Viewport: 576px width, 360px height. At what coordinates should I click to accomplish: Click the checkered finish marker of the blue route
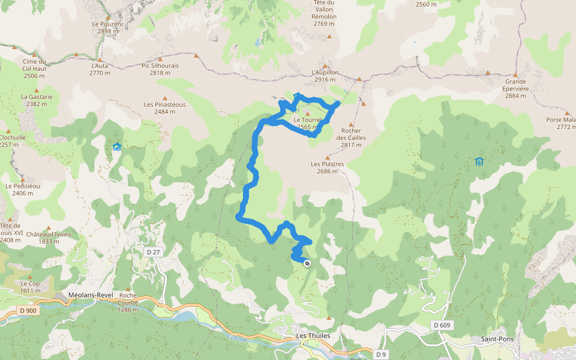(307, 263)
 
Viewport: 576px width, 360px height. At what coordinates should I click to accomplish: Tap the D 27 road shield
(153, 252)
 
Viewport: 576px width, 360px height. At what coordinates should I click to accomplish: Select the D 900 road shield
(27, 310)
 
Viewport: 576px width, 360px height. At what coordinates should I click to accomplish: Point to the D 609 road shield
(441, 325)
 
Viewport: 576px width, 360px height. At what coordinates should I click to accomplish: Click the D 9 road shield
(380, 354)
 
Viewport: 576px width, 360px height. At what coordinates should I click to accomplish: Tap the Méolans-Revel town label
(91, 295)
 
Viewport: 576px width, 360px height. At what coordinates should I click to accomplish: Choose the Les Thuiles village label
(313, 335)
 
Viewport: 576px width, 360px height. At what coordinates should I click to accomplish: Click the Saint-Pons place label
(496, 339)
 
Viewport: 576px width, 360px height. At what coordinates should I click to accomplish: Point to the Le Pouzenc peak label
(107, 28)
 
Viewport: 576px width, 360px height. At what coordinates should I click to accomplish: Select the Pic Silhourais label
(160, 69)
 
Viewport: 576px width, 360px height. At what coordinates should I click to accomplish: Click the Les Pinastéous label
(165, 108)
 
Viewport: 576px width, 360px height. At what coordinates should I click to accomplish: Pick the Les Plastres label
(327, 167)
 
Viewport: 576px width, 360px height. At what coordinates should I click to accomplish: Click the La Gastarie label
(37, 100)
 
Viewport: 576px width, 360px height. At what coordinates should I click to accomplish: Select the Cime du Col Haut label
(34, 68)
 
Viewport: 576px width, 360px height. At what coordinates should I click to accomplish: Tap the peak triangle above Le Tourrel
(308, 113)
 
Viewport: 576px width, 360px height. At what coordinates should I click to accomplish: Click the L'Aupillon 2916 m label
(325, 76)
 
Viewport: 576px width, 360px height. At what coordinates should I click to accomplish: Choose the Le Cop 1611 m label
(30, 286)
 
